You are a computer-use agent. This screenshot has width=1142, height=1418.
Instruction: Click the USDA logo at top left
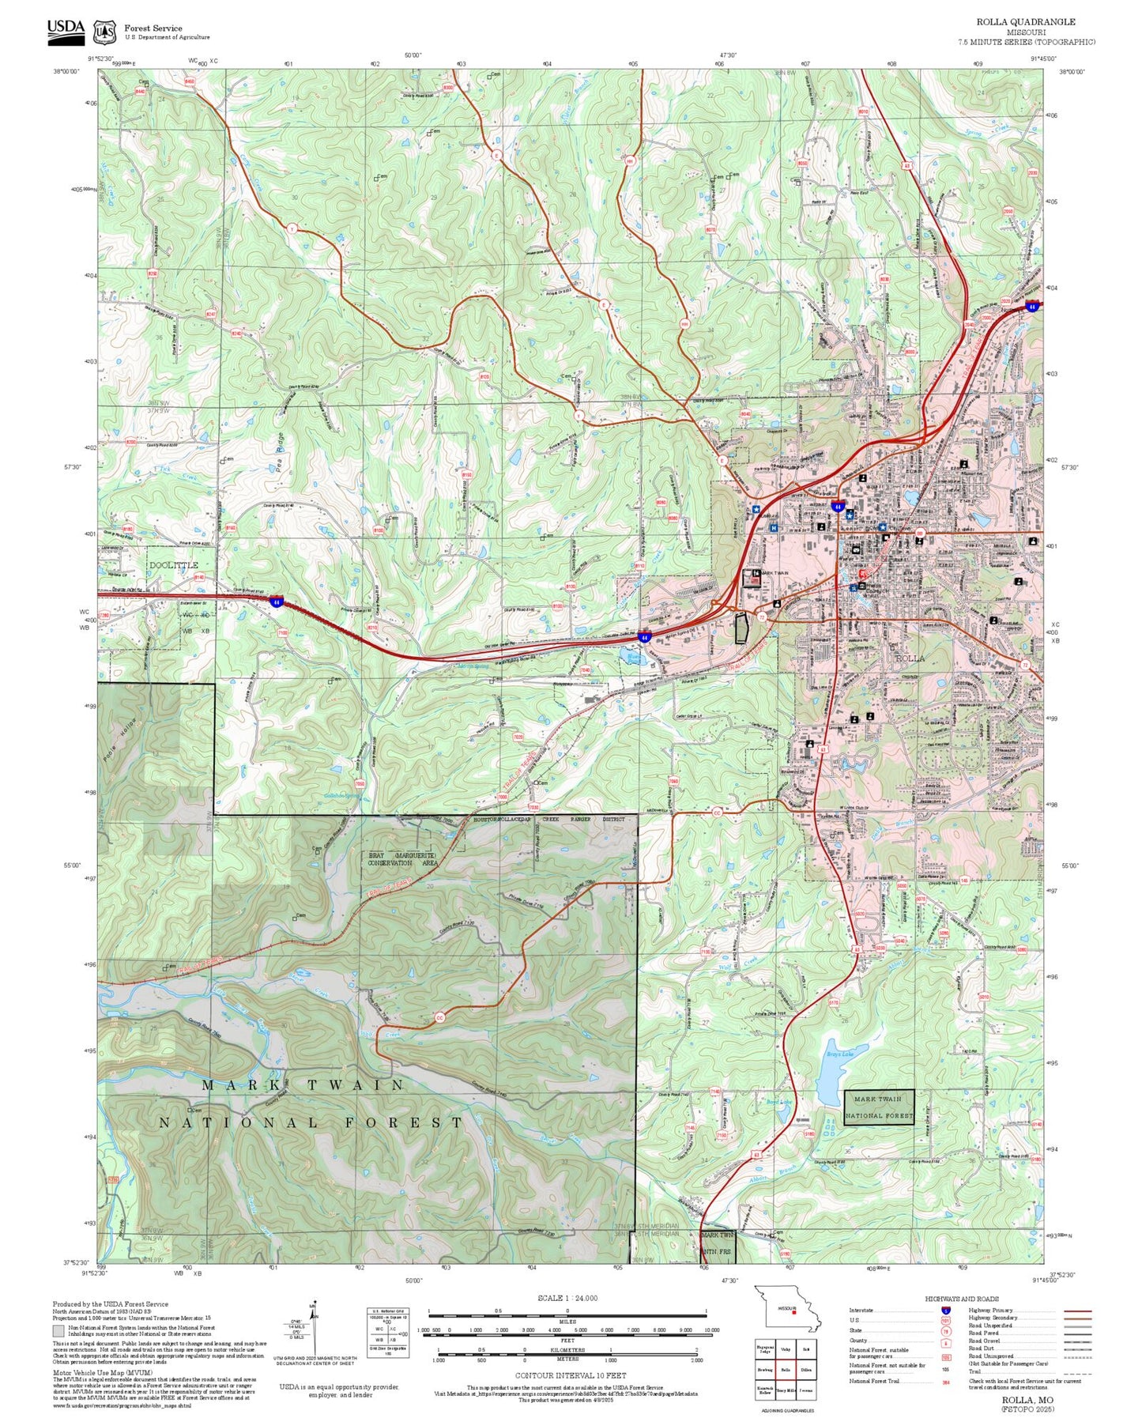coord(65,29)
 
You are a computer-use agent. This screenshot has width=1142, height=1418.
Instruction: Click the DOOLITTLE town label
coord(174,565)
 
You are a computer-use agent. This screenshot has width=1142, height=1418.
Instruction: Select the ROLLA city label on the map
coord(910,658)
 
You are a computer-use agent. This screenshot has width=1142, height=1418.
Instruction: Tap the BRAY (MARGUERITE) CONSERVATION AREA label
coord(402,859)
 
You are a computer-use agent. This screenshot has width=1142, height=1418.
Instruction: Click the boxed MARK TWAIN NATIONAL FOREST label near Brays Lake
coord(879,1107)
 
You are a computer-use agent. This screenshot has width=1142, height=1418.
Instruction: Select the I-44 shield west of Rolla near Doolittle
coord(276,602)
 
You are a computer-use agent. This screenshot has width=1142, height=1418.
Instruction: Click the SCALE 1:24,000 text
coord(567,1298)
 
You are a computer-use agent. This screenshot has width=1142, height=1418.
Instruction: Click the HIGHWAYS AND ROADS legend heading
coord(961,1298)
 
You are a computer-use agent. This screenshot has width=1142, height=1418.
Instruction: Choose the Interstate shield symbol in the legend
coord(945,1310)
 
